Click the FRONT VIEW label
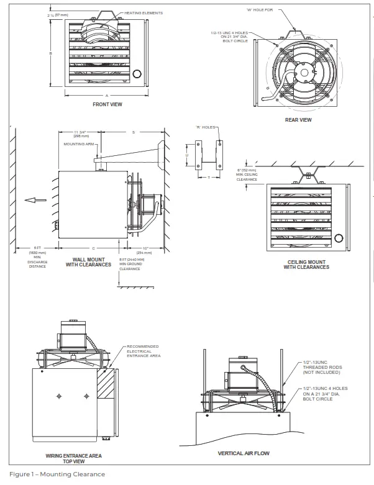coord(107,104)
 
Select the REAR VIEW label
coord(298,120)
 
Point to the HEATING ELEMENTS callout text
coord(144,13)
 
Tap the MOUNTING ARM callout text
coord(77,144)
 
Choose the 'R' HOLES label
coord(206,127)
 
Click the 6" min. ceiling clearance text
coord(246,175)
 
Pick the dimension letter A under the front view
coord(106,95)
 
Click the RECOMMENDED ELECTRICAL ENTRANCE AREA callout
coord(143,351)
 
